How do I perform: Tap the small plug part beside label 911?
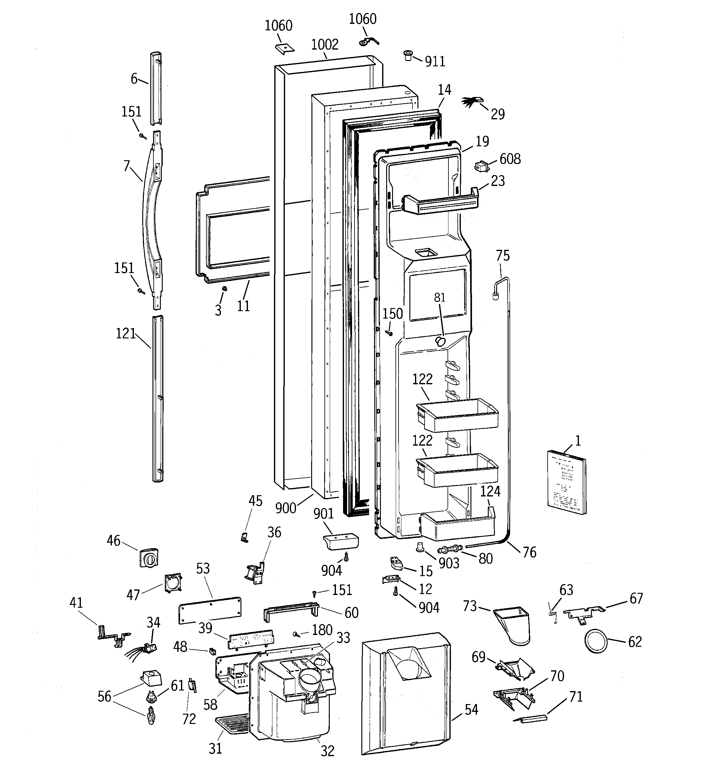tap(408, 55)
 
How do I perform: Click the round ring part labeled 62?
tap(596, 641)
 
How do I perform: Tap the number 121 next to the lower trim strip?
tap(126, 333)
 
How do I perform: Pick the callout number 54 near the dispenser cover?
tap(471, 709)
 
